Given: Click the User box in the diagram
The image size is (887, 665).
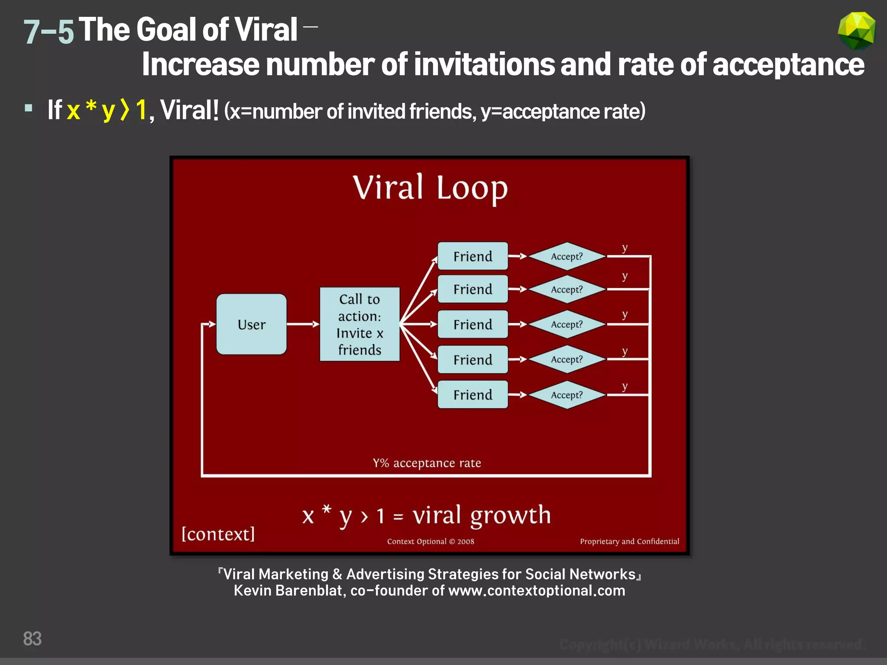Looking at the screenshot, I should (251, 324).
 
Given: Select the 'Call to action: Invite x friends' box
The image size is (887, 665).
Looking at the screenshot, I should (359, 324).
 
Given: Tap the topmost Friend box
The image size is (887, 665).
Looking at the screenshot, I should (473, 256).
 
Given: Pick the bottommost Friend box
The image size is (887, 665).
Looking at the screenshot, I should (473, 395).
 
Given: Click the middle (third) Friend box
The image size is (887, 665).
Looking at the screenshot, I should (473, 324).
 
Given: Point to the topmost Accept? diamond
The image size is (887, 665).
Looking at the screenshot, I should (567, 256).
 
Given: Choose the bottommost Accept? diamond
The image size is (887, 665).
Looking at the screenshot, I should (567, 395).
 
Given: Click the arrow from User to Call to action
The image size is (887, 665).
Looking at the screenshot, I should (303, 324).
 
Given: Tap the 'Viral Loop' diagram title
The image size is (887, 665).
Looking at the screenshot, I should (430, 188).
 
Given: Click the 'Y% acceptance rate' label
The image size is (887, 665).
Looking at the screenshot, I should (427, 463).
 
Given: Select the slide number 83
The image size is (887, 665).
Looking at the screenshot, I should (32, 639).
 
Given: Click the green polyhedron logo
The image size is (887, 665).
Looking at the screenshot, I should (856, 30).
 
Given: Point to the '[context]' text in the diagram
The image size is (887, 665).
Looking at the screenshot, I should (218, 534).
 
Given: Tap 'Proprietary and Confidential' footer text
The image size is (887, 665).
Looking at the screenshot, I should (629, 542).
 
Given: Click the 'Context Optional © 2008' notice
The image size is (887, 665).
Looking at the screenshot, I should (431, 542).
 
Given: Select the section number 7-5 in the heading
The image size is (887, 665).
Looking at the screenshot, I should (48, 32).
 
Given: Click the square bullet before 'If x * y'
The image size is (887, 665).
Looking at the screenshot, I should (29, 108).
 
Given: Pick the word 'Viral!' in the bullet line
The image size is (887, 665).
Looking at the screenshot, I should (189, 110).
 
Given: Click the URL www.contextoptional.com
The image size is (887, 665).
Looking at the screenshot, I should (537, 591).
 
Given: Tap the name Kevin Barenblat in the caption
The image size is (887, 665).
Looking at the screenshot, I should (288, 591).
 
